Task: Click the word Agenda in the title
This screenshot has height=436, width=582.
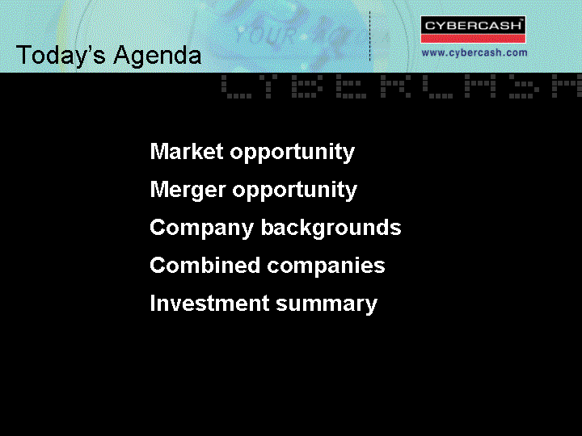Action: tap(158, 56)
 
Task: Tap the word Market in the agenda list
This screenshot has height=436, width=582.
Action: tap(187, 151)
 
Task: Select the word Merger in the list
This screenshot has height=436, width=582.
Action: tap(188, 190)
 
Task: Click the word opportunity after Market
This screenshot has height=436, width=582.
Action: tap(293, 153)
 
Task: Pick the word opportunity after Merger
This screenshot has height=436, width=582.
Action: tap(295, 191)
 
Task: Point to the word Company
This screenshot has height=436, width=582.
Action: tap(201, 228)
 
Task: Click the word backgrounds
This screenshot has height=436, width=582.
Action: tap(331, 228)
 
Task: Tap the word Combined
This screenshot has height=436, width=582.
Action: tap(205, 265)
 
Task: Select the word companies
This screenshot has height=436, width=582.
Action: tap(327, 266)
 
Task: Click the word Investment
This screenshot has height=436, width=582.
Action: tap(209, 303)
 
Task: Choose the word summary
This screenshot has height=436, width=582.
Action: tap(327, 304)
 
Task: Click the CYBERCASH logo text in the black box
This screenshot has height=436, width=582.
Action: tap(473, 26)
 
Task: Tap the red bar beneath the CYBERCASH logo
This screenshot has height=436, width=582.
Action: tap(473, 39)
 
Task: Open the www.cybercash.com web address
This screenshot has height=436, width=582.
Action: tap(474, 52)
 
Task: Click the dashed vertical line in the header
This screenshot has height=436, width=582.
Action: tap(369, 36)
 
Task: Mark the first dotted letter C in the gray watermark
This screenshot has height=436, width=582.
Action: tap(236, 86)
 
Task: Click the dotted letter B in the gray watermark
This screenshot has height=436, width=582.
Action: tap(305, 86)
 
